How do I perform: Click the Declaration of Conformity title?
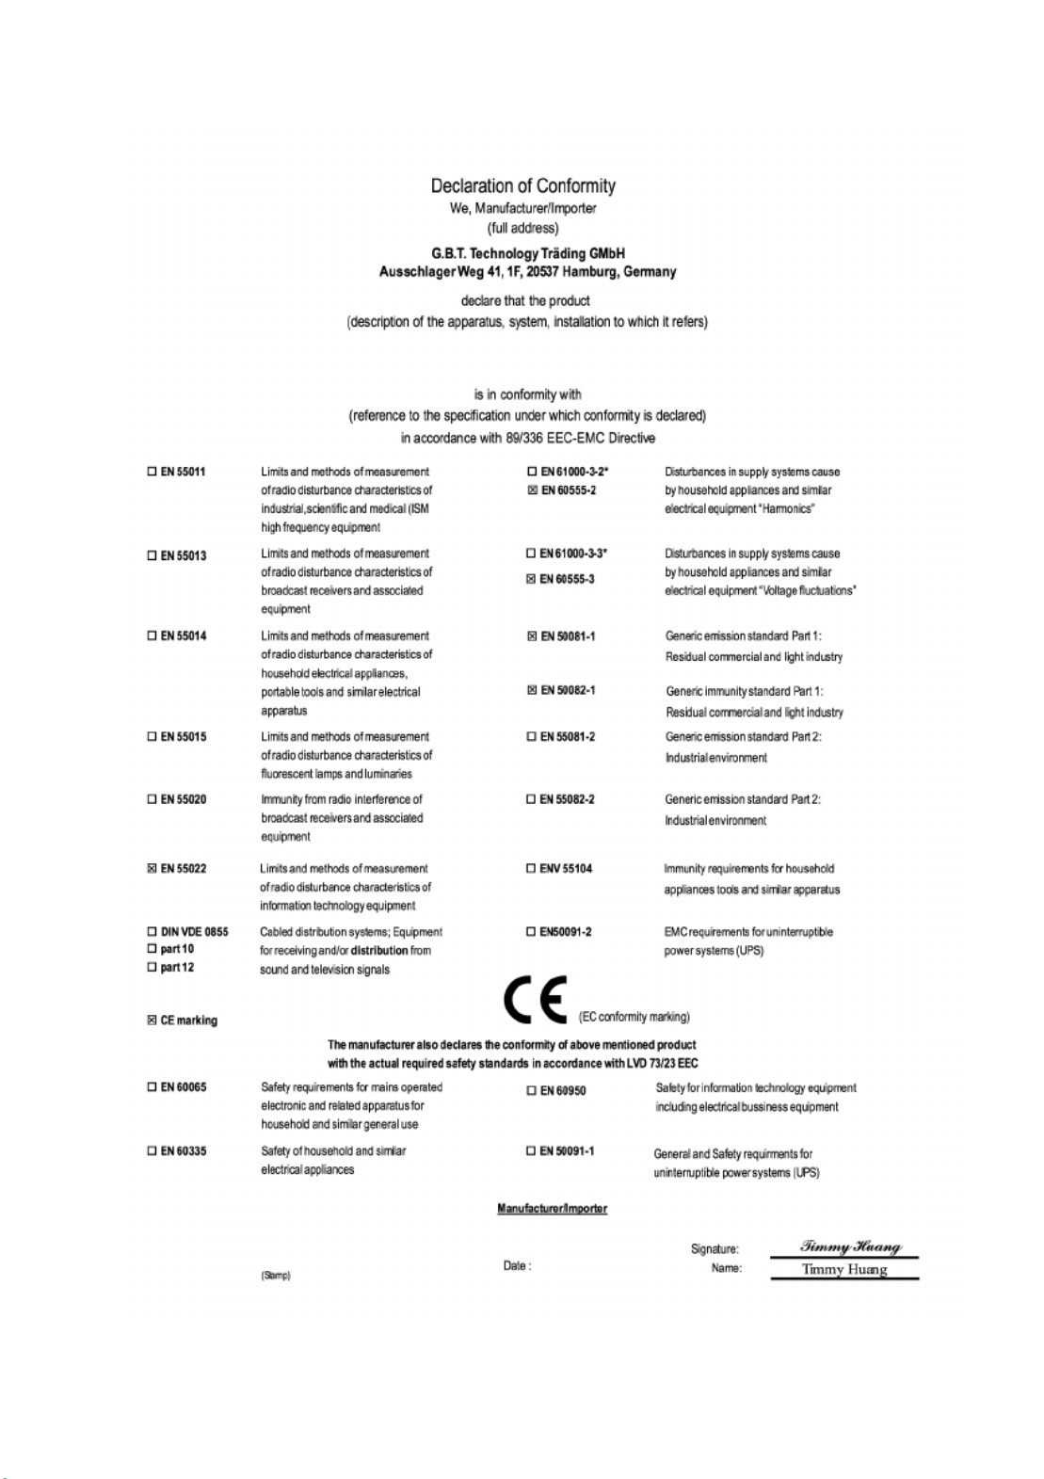point(522,186)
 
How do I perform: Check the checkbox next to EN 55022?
point(152,869)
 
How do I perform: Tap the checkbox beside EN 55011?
point(152,472)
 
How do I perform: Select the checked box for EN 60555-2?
point(532,490)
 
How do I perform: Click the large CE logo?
point(534,1001)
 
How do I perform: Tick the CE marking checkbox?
point(152,1021)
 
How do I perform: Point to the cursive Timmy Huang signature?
point(850,1246)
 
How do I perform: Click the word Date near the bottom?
point(515,1266)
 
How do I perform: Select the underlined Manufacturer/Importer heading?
point(552,1209)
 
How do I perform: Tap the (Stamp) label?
point(276,1276)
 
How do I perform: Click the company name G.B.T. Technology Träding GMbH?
point(527,253)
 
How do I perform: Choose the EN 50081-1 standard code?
point(568,636)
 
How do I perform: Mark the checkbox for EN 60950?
point(532,1091)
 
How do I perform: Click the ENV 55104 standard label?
point(566,869)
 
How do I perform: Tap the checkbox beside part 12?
point(152,968)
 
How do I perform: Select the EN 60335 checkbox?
point(152,1151)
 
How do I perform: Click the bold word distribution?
point(378,951)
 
